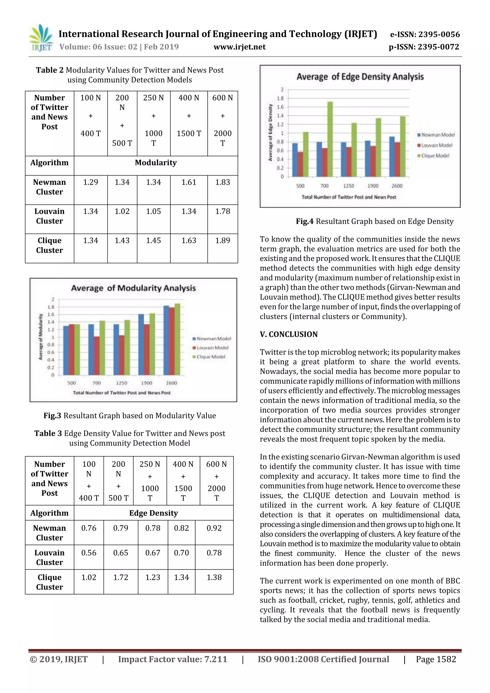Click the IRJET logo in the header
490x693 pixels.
(41, 38)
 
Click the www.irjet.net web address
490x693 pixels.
(239, 47)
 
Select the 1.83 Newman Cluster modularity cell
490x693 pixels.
(223, 182)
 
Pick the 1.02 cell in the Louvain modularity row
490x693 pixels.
(122, 211)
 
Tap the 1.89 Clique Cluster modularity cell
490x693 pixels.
(223, 241)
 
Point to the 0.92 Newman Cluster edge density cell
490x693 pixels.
(214, 528)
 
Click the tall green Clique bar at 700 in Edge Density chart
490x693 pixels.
(330, 139)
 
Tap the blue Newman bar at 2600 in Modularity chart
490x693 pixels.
(166, 340)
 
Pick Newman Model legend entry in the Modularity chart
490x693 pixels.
(212, 339)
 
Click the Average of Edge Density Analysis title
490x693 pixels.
(360, 77)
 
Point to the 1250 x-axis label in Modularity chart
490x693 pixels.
(121, 383)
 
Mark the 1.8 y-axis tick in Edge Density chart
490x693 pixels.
(280, 98)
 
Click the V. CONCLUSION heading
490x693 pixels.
(289, 334)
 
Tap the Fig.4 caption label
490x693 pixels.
(305, 221)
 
